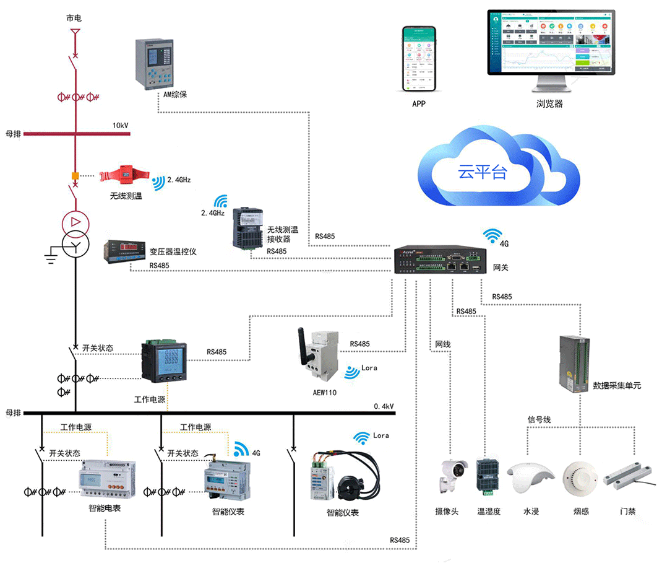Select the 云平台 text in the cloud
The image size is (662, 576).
pyautogui.click(x=482, y=172)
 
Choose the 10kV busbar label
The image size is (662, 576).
pyautogui.click(x=120, y=126)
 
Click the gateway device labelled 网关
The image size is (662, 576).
pyautogui.click(x=441, y=260)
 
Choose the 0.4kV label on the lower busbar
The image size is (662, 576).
pyautogui.click(x=384, y=406)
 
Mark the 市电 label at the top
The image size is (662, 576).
pyautogui.click(x=74, y=18)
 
